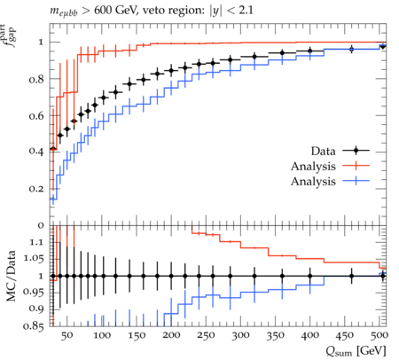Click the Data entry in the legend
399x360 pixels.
323,151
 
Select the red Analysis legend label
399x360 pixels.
313,166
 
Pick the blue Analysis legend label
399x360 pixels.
313,181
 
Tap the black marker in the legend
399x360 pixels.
356,151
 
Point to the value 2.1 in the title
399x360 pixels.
246,11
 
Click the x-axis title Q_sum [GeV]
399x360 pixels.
356,351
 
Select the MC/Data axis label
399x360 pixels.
11,276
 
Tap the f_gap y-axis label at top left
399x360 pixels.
8,36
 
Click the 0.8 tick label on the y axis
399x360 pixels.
36,79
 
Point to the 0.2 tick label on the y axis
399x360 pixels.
36,189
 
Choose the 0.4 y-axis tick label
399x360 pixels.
36,152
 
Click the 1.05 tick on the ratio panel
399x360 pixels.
34,259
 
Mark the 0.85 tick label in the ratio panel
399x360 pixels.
34,325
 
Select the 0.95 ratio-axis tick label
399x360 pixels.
34,293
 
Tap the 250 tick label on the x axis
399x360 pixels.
206,335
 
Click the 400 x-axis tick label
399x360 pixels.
310,335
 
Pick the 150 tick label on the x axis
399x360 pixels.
137,335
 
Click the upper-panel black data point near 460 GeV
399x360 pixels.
351,49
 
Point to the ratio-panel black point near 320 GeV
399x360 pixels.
254,276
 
